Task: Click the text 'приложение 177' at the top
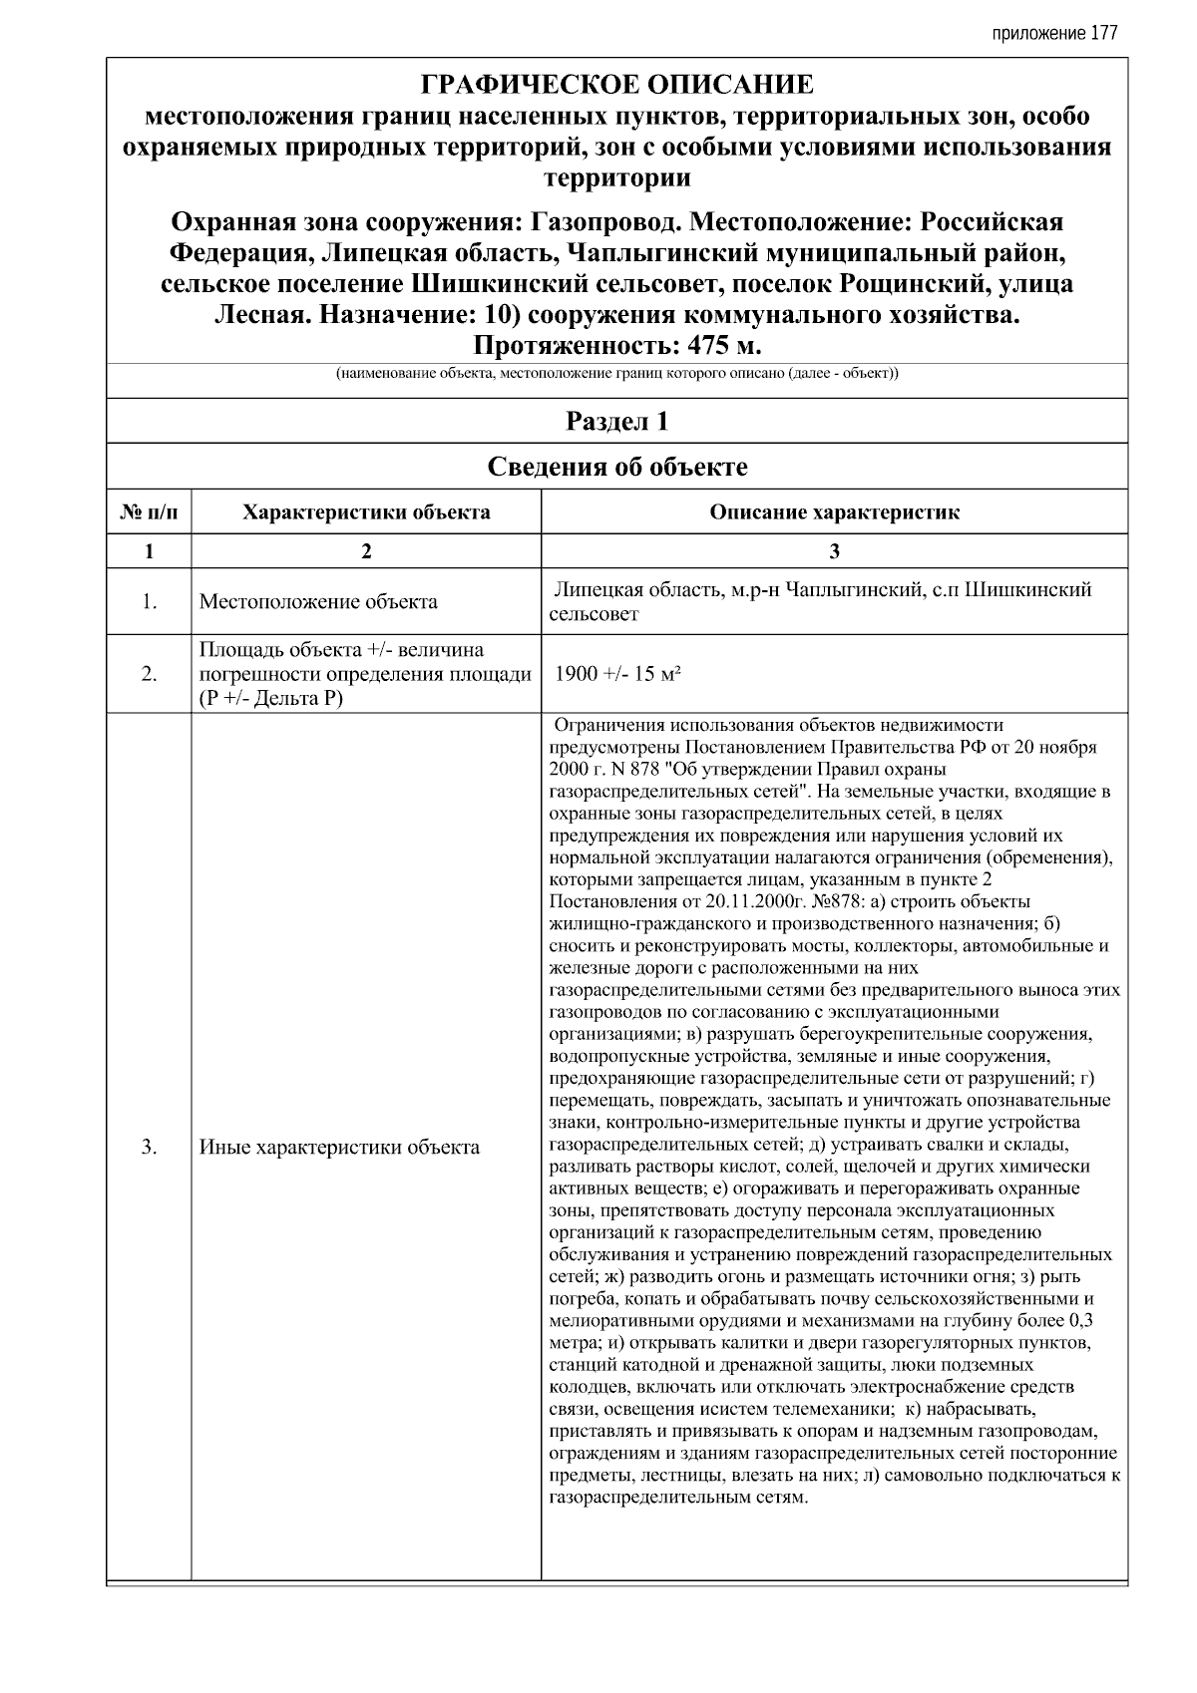tap(1054, 33)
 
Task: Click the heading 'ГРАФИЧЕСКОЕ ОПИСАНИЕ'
tap(616, 84)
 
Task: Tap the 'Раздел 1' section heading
tap(616, 421)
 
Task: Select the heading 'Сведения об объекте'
tap(616, 467)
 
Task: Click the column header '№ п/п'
tap(149, 513)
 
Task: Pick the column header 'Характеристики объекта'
tap(366, 513)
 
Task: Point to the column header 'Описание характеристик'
tap(834, 513)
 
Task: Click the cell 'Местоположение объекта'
tap(318, 602)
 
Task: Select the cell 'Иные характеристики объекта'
tap(339, 1147)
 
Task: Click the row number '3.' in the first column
tap(149, 1147)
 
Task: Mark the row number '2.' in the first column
tap(149, 675)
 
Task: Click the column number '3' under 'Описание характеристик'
tap(834, 551)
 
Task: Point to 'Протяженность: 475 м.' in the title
tap(616, 347)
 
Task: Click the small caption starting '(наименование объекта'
tap(616, 375)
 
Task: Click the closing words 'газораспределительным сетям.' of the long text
tap(678, 1498)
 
